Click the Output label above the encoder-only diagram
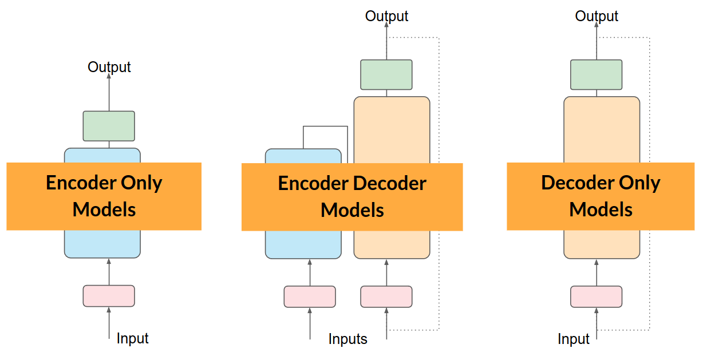click(x=109, y=67)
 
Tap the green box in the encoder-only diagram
click(x=109, y=126)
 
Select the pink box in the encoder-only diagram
click(x=109, y=296)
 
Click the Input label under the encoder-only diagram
click(x=132, y=338)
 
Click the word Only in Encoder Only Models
click(x=143, y=183)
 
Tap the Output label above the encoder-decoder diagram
click(x=386, y=16)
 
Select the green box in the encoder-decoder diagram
click(x=386, y=75)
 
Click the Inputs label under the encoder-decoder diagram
click(x=347, y=339)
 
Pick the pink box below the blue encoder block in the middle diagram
click(x=310, y=296)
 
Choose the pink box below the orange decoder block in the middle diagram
click(x=386, y=296)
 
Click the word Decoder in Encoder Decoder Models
click(x=390, y=184)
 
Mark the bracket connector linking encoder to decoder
click(x=325, y=126)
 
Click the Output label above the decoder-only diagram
click(x=597, y=16)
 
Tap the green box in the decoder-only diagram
click(x=596, y=75)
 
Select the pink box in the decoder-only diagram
click(x=596, y=296)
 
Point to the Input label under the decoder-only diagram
click(x=574, y=339)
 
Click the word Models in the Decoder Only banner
click(x=601, y=209)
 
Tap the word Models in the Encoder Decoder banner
click(x=352, y=210)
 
